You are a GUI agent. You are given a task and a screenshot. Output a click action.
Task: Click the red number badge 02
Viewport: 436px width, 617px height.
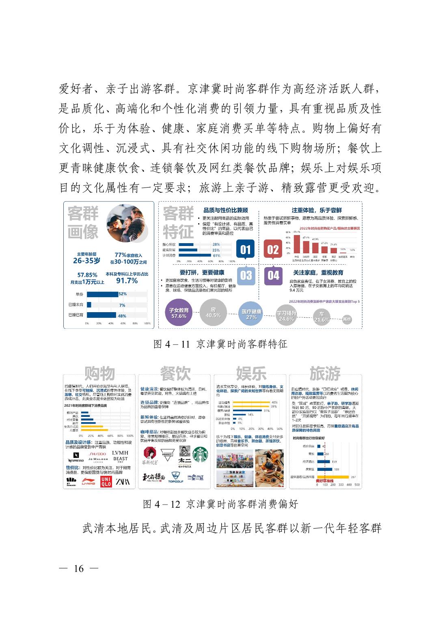[273, 249]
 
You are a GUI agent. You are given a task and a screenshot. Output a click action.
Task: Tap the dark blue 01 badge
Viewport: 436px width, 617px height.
[246, 249]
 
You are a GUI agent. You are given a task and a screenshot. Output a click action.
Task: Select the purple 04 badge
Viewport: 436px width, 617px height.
[273, 275]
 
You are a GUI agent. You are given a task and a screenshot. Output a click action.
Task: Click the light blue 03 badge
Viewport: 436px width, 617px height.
[246, 275]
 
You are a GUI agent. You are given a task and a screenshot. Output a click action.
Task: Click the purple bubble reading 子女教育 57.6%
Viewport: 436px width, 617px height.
[179, 313]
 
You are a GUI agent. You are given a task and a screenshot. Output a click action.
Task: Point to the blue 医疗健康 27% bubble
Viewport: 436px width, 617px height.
[251, 314]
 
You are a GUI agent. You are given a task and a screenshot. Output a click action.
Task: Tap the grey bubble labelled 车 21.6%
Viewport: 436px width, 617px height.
[322, 317]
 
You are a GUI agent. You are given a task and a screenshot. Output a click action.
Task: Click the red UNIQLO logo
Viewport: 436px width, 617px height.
[106, 481]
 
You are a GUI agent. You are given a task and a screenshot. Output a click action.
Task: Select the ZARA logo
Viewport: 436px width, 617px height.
[123, 481]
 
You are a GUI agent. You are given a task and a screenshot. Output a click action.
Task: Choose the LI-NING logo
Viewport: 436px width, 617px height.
[88, 482]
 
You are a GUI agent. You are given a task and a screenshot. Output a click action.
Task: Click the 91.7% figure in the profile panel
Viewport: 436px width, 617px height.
[127, 281]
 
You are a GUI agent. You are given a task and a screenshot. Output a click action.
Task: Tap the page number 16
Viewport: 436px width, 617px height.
[79, 569]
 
